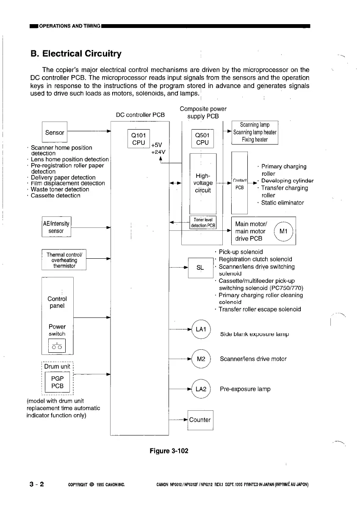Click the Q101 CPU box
[x=139, y=139]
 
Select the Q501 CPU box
[x=202, y=139]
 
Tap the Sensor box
[x=55, y=133]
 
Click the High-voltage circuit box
[x=203, y=183]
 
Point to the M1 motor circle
[x=284, y=231]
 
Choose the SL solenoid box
[x=200, y=268]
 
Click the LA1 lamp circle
[x=201, y=329]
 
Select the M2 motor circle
[x=201, y=359]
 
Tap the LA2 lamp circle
[x=201, y=389]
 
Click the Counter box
[x=200, y=420]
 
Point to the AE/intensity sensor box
[x=56, y=227]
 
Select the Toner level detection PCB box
[x=203, y=223]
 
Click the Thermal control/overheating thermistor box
[x=64, y=260]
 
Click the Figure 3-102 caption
[x=169, y=451]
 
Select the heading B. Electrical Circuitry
[x=76, y=54]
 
